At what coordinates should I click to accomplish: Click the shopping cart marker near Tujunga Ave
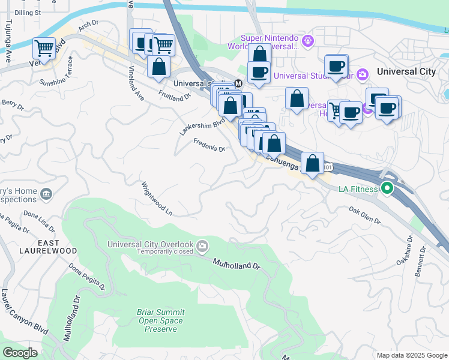tap(44, 47)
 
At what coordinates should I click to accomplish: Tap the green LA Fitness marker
tap(387, 189)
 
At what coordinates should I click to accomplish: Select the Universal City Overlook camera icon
tap(203, 245)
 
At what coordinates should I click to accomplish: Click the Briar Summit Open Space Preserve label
tap(161, 320)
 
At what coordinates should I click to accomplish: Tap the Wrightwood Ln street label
tap(157, 199)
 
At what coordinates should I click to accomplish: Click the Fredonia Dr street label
tap(209, 145)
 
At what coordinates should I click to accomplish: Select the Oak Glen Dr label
tap(365, 215)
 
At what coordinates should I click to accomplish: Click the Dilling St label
tap(28, 12)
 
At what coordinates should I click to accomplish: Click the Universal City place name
tap(406, 71)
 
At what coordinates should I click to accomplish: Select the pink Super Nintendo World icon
tap(309, 41)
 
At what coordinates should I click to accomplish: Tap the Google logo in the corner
tap(20, 353)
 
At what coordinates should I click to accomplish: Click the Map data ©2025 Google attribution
tap(411, 355)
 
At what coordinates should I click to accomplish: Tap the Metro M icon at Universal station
tap(238, 83)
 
